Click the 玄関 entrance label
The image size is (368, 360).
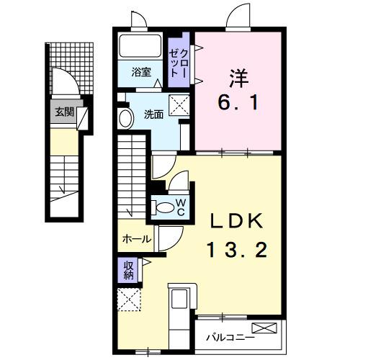click(x=63, y=112)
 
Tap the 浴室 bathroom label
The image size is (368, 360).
click(x=141, y=72)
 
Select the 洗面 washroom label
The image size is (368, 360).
click(x=153, y=113)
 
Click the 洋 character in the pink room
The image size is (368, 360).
click(x=238, y=74)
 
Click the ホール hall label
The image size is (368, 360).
click(x=136, y=239)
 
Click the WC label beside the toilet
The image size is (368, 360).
click(x=181, y=207)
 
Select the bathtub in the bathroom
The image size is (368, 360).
click(x=140, y=47)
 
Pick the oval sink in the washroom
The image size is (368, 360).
click(x=125, y=119)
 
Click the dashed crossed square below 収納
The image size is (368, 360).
click(x=130, y=300)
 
